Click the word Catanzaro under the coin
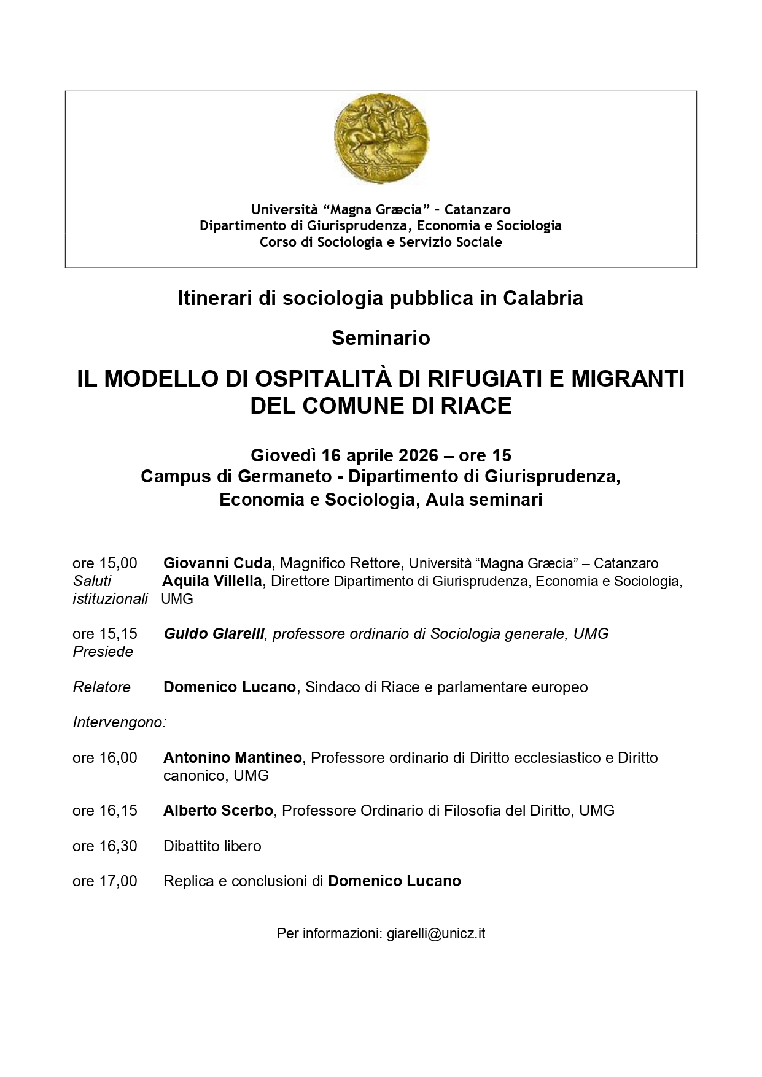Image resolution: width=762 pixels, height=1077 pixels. tap(477, 210)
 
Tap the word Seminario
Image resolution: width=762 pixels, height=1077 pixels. tap(381, 338)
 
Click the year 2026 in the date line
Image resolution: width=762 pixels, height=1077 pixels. tap(418, 455)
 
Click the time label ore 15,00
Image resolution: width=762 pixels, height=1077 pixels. tap(105, 563)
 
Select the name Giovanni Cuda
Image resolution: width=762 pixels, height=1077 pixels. tap(217, 563)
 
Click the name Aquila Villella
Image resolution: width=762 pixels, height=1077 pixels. tap(212, 581)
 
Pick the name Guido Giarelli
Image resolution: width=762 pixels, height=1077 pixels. tap(214, 634)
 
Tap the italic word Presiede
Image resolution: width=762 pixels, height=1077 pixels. tap(103, 652)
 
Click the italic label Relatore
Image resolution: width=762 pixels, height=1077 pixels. tap(102, 687)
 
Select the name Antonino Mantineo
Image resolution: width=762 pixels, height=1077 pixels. tap(232, 758)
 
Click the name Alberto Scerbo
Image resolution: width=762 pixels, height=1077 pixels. tap(218, 811)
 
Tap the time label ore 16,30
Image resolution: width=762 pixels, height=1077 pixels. tap(105, 846)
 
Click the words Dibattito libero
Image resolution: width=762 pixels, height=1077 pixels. tap(212, 846)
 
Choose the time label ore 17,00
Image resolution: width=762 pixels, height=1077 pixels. tap(105, 881)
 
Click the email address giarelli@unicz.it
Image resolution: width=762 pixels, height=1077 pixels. tap(436, 934)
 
